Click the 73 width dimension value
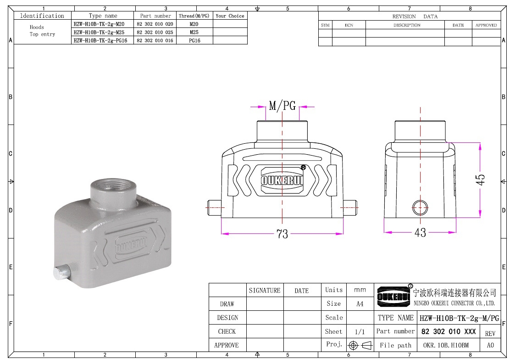(282, 234)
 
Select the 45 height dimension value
(480, 179)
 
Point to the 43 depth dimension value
(420, 233)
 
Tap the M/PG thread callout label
(282, 106)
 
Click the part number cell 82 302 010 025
(155, 32)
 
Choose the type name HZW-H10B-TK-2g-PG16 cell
(100, 40)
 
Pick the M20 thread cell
(194, 24)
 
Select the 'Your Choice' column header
(230, 16)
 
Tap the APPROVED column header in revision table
(486, 25)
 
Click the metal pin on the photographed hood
(61, 273)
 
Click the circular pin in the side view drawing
(420, 207)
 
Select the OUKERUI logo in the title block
(393, 296)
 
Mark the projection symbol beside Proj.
(360, 345)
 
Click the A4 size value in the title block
(360, 303)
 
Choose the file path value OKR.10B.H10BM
(446, 345)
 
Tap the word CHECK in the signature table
(227, 331)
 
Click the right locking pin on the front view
(349, 207)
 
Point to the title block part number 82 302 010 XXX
(449, 331)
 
